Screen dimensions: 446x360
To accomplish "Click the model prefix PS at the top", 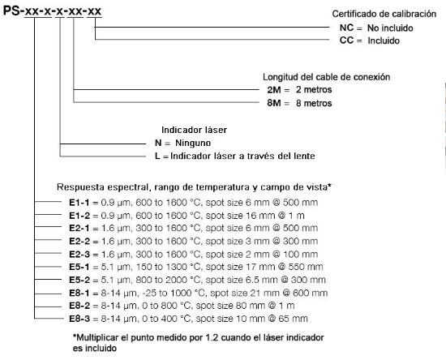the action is click(x=11, y=11).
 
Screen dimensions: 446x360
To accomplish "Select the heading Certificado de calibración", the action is click(x=384, y=14).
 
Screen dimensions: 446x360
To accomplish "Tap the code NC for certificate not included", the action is click(x=346, y=28).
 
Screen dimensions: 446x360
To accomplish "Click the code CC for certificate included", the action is click(x=346, y=41).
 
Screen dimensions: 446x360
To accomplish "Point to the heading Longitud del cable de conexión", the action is click(x=326, y=77).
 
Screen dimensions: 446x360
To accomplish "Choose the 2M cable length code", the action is click(x=274, y=90).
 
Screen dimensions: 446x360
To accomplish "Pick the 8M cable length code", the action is click(x=274, y=103).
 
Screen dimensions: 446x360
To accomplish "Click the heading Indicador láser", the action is click(x=194, y=130).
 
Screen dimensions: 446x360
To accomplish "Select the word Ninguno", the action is click(x=193, y=143).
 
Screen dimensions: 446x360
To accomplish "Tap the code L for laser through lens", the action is click(x=157, y=156).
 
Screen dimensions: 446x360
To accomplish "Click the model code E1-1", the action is click(x=79, y=203).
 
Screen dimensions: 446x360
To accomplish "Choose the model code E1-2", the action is click(x=79, y=216).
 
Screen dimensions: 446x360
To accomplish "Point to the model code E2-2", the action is click(x=79, y=241).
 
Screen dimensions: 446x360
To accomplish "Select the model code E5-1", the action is click(x=79, y=267).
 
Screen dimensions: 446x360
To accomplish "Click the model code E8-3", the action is click(x=79, y=319).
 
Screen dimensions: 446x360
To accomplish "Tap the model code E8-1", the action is click(x=79, y=293).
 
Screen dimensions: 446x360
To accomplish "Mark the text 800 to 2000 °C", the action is click(x=168, y=280).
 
